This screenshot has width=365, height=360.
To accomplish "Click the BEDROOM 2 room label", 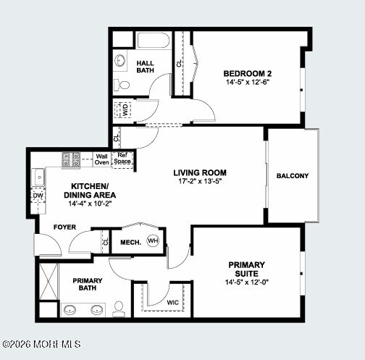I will pyautogui.click(x=247, y=73).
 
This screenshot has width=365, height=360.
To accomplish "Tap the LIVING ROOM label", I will pyautogui.click(x=200, y=172).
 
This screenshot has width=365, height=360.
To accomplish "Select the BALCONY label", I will pyautogui.click(x=293, y=176).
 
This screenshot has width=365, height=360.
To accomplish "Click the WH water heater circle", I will pyautogui.click(x=153, y=241).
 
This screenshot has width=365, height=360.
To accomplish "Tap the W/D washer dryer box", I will pyautogui.click(x=124, y=110).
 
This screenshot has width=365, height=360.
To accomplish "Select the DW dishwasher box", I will pyautogui.click(x=38, y=195).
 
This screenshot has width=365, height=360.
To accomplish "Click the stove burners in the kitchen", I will pyautogui.click(x=71, y=159).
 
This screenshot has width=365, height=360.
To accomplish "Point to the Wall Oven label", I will pyautogui.click(x=102, y=159).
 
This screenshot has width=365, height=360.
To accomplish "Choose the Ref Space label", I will pyautogui.click(x=122, y=158).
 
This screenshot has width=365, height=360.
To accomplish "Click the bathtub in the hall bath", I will pyautogui.click(x=153, y=41).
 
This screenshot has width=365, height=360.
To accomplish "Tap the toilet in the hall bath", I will pyautogui.click(x=123, y=85).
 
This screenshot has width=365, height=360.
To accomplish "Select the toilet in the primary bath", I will pyautogui.click(x=119, y=310).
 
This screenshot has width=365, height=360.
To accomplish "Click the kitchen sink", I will pyautogui.click(x=38, y=176).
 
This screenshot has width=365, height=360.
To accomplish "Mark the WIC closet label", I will pyautogui.click(x=173, y=301).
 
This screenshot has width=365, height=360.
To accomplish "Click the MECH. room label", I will pyautogui.click(x=130, y=242).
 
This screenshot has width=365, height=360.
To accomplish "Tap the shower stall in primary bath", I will pyautogui.click(x=47, y=282).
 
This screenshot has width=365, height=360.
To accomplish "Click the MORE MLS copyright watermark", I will pyautogui.click(x=41, y=344).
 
